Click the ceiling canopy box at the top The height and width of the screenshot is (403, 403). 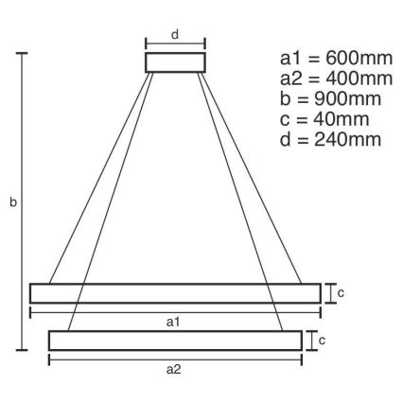click(x=175, y=62)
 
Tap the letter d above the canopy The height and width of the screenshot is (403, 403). click(x=175, y=34)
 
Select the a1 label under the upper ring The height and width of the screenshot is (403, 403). click(x=172, y=323)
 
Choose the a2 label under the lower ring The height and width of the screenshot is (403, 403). click(x=173, y=370)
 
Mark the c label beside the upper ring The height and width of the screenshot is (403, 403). click(x=341, y=293)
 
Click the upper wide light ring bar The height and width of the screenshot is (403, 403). click(x=174, y=293)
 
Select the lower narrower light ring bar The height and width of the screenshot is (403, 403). click(x=175, y=341)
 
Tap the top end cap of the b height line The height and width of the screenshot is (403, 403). click(x=23, y=54)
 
